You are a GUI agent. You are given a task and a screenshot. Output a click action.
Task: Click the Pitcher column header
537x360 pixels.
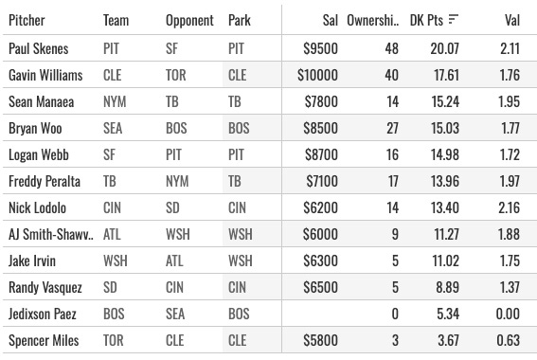pos(27,20)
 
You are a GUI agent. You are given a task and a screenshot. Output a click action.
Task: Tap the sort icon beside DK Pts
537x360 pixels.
pos(453,20)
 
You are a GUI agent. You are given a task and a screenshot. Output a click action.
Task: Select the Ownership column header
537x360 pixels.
pos(373,20)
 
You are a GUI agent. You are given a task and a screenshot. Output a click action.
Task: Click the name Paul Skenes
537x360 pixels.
pos(38,48)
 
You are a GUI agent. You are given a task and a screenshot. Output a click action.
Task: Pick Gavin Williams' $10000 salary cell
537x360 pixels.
pos(317,75)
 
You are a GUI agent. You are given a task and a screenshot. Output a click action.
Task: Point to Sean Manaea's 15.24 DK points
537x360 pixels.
pos(445,101)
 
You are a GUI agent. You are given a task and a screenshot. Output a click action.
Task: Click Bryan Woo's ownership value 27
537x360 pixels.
pos(392,128)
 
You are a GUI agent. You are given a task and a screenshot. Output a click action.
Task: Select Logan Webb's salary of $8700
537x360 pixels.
pos(321,154)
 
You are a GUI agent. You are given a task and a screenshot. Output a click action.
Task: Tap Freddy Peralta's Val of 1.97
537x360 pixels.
pos(509,181)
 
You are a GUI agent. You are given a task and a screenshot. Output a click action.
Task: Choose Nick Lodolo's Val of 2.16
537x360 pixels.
pos(509,207)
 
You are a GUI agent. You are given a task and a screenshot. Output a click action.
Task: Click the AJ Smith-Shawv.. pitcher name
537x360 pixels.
pos(51,234)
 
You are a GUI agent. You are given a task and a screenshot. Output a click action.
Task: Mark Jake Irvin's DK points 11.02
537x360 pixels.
pos(445,261)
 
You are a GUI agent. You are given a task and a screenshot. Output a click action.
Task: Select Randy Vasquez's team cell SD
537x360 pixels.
pos(110,287)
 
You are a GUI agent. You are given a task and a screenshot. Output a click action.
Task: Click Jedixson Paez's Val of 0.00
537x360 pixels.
pos(508,315)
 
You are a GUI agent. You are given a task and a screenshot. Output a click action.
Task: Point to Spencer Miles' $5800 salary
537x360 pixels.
pos(320,340)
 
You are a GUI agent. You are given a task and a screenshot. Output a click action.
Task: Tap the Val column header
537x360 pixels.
pos(512,20)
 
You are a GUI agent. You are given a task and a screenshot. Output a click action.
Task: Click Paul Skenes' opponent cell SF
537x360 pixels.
pos(171,48)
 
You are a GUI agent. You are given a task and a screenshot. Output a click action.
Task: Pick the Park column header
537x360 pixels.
pos(240,20)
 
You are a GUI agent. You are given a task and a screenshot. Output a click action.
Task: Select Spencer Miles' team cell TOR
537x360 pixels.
pos(114,340)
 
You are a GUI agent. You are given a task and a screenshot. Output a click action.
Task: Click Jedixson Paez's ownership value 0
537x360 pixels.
pos(395,315)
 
